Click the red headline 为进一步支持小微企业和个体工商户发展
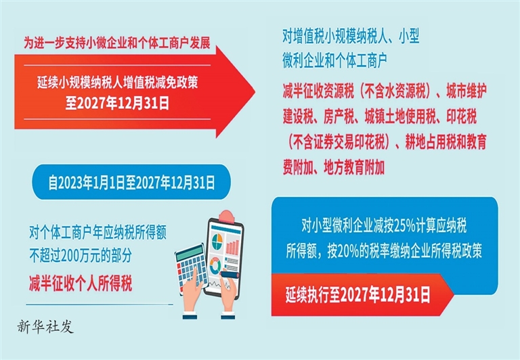tap(117, 43)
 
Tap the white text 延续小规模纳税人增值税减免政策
tap(117, 82)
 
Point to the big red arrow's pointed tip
tap(255, 91)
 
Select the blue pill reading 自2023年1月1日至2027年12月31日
tap(131, 182)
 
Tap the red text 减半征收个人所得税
tap(81, 283)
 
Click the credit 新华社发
tap(45, 327)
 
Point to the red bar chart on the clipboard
tap(232, 246)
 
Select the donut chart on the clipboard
tap(215, 265)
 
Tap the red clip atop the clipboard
tap(227, 217)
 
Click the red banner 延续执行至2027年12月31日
tap(362, 294)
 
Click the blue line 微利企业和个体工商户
tap(335, 61)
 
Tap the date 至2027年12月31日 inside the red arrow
tap(117, 103)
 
